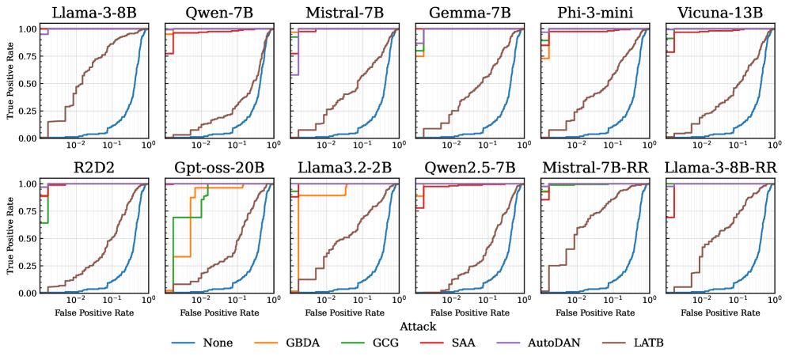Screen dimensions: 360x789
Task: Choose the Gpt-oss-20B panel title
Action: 219,168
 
